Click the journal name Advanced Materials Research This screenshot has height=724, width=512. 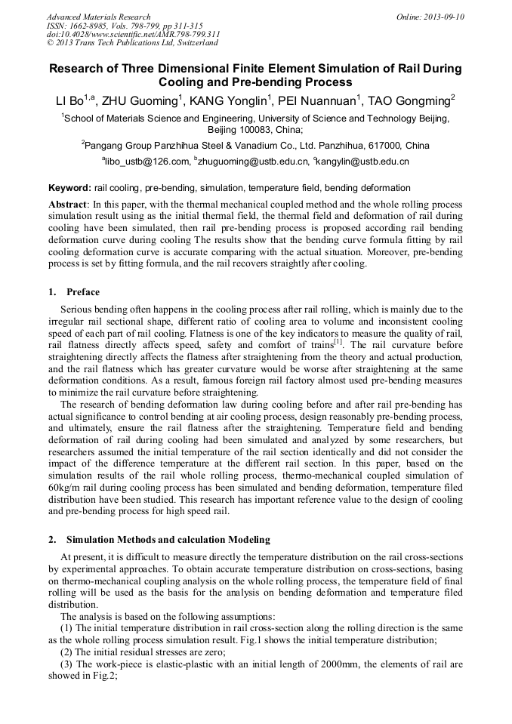[98, 17]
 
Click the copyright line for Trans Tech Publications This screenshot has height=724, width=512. [132, 42]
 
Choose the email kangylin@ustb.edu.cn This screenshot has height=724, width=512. [362, 162]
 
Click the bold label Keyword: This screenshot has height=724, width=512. [69, 188]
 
